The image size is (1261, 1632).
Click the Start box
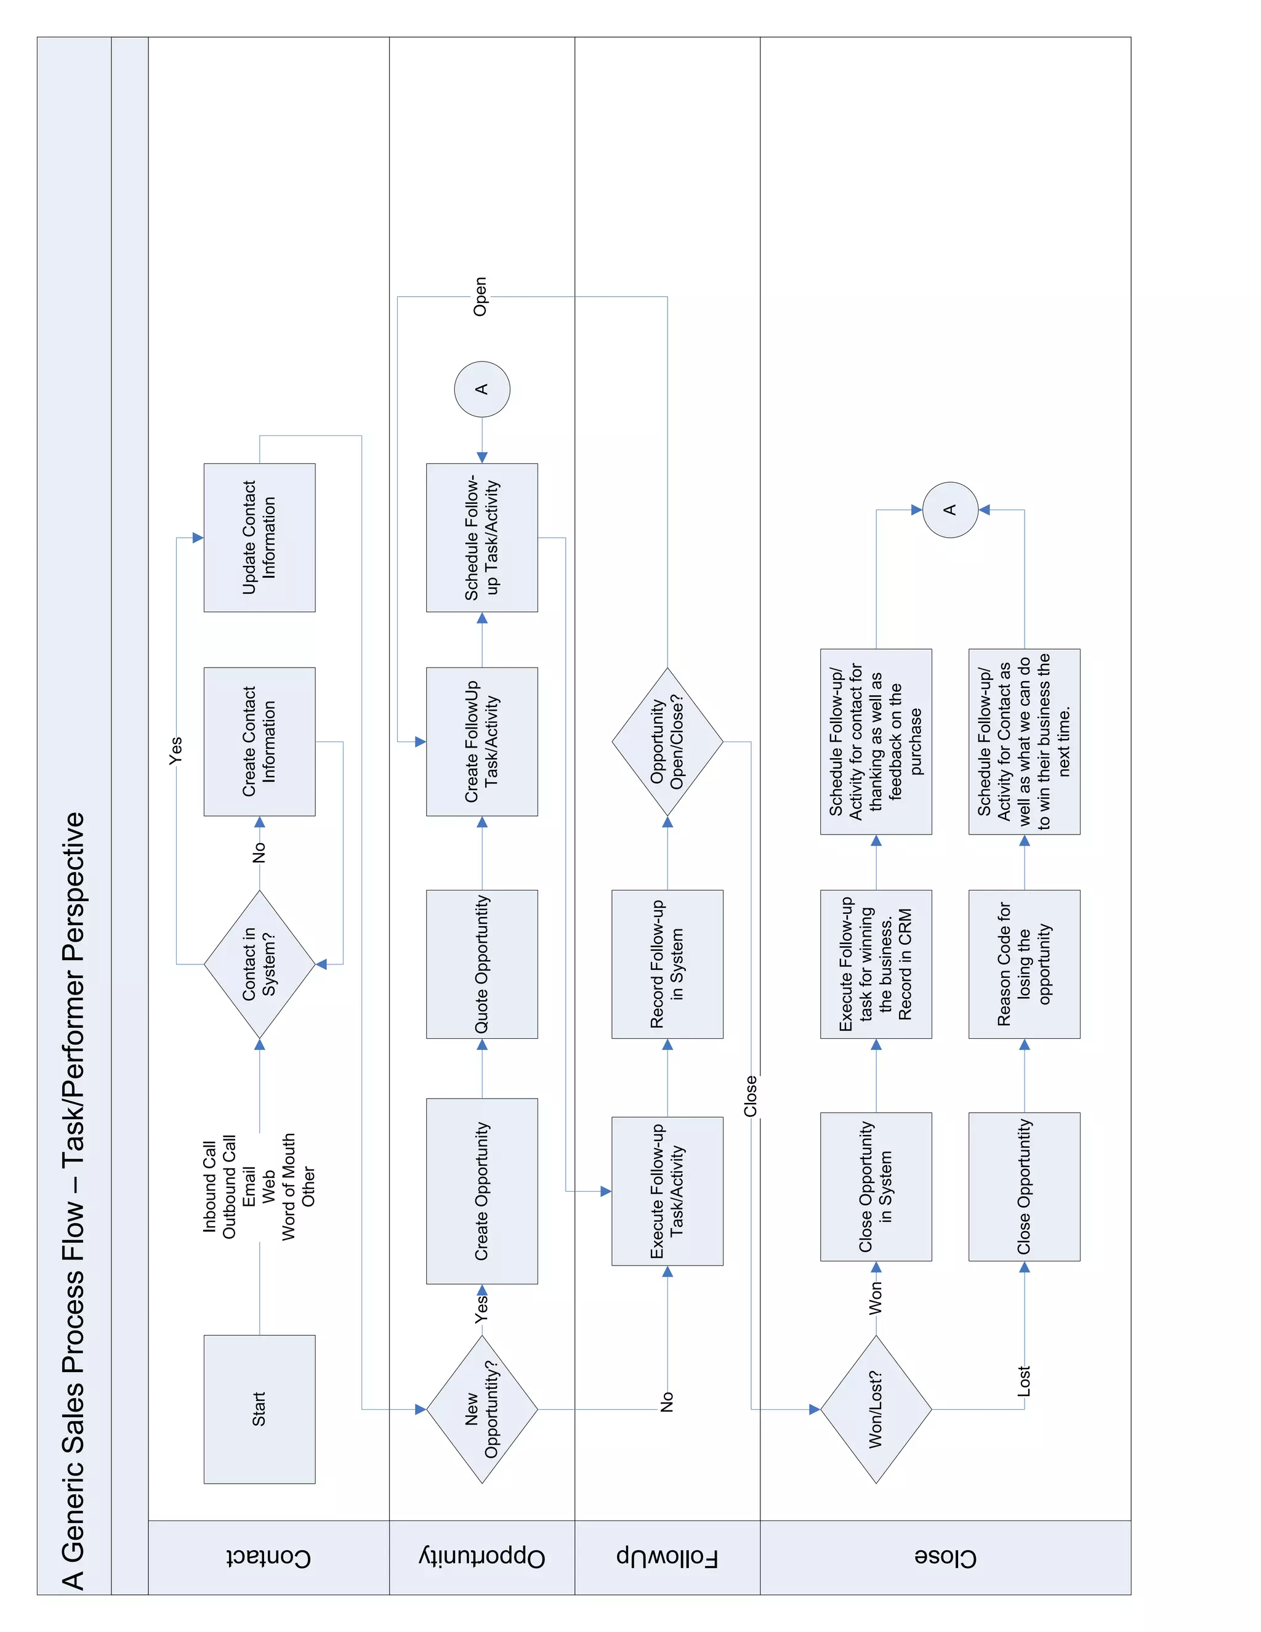tap(259, 1408)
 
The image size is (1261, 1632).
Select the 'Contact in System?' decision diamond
tap(259, 964)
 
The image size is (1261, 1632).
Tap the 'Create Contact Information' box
tap(259, 741)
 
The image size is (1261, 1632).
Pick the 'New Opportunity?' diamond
tap(482, 1408)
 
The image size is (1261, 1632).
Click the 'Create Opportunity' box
tap(482, 1190)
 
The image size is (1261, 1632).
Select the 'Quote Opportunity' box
tap(482, 964)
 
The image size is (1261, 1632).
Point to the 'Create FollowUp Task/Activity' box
tap(482, 741)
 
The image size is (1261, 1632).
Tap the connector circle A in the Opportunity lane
tap(482, 389)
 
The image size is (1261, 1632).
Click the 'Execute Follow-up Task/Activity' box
tap(667, 1190)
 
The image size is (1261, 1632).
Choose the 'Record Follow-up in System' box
tap(667, 964)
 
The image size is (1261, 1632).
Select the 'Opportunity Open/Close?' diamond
tap(667, 741)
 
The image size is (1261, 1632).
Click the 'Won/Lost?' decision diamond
tap(876, 1408)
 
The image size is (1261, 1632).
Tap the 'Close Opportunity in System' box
tap(876, 1186)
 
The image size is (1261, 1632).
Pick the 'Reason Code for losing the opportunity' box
tap(1024, 964)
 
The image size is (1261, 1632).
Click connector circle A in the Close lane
tap(950, 510)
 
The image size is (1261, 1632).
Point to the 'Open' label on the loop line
tap(480, 297)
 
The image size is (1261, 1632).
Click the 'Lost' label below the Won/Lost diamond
tap(1023, 1381)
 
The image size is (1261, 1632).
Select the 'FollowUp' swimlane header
tap(667, 1557)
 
